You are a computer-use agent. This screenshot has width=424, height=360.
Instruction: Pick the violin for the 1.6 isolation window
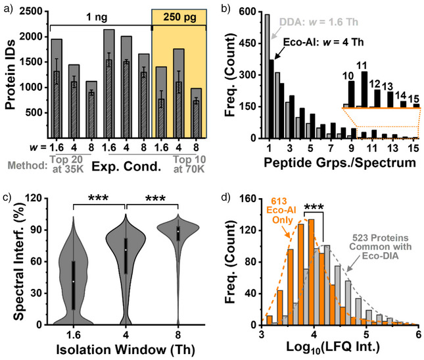(74, 276)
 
